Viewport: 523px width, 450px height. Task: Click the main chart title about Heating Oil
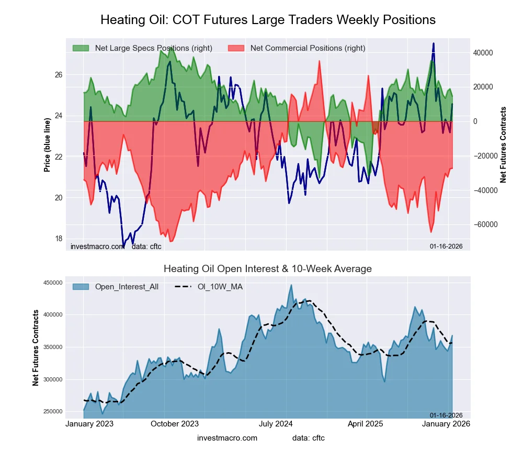[268, 20]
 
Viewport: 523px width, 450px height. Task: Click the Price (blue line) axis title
[47, 145]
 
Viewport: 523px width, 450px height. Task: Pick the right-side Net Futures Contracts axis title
[504, 145]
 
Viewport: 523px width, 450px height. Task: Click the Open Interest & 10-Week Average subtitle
[268, 269]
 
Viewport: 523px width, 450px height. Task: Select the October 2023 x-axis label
[175, 424]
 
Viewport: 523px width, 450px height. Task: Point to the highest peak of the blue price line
[434, 43]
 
